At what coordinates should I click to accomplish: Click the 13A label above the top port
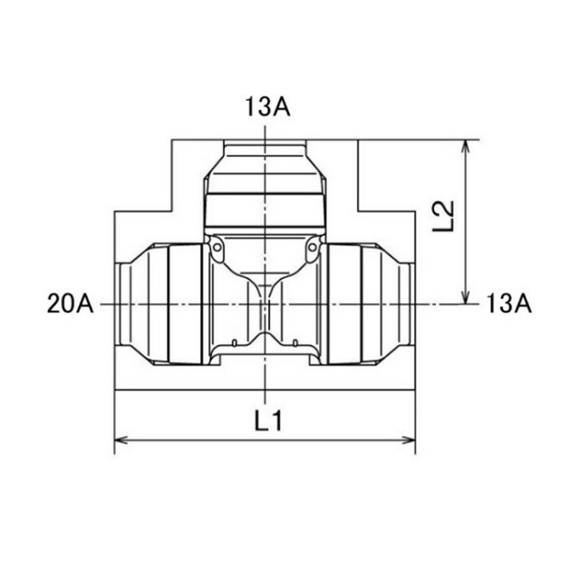pyautogui.click(x=267, y=107)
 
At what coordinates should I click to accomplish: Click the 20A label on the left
pyautogui.click(x=71, y=304)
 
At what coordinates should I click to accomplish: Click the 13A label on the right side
pyautogui.click(x=508, y=304)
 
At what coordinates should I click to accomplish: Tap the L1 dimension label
pyautogui.click(x=268, y=420)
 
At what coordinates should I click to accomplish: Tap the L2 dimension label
pyautogui.click(x=443, y=217)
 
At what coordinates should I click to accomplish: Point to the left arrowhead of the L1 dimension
pyautogui.click(x=121, y=440)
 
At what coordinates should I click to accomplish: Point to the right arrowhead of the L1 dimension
pyautogui.click(x=409, y=440)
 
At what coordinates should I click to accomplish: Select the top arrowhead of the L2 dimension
pyautogui.click(x=466, y=147)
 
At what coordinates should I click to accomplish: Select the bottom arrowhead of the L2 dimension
pyautogui.click(x=466, y=297)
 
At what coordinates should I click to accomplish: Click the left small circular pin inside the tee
pyautogui.click(x=217, y=246)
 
